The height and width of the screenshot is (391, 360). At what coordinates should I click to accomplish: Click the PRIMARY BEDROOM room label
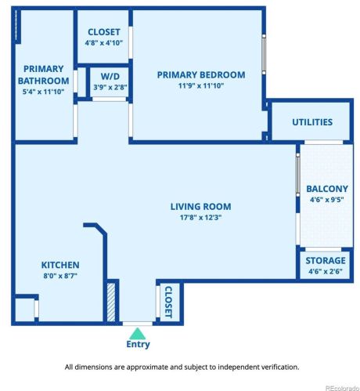click(x=201, y=75)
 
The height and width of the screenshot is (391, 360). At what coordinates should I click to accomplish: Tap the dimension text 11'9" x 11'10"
click(x=201, y=86)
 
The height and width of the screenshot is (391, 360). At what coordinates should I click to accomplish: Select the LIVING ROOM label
click(x=201, y=207)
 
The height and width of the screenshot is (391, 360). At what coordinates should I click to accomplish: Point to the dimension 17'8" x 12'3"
click(x=201, y=218)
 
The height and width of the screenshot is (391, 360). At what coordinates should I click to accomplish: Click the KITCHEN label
click(x=60, y=266)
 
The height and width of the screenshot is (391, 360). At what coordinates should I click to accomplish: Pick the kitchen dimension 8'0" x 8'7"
click(x=60, y=277)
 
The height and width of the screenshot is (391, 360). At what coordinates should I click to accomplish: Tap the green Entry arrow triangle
click(x=138, y=333)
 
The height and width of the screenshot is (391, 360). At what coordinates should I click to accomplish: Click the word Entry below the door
click(x=138, y=344)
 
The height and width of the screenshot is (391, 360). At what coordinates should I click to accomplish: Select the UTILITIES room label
click(x=312, y=122)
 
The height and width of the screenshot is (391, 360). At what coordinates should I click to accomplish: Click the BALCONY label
click(x=327, y=189)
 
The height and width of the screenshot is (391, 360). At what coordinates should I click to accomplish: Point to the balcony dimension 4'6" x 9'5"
click(x=327, y=200)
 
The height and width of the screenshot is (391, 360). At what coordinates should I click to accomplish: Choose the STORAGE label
click(x=326, y=260)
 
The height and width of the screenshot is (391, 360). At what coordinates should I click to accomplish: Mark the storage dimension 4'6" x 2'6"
click(x=326, y=271)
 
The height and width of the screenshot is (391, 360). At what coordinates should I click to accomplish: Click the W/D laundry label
click(x=110, y=77)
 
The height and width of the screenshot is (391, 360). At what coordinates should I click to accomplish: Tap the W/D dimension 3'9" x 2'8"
click(x=110, y=87)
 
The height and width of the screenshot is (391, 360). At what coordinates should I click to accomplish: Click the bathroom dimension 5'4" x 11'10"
click(x=43, y=91)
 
